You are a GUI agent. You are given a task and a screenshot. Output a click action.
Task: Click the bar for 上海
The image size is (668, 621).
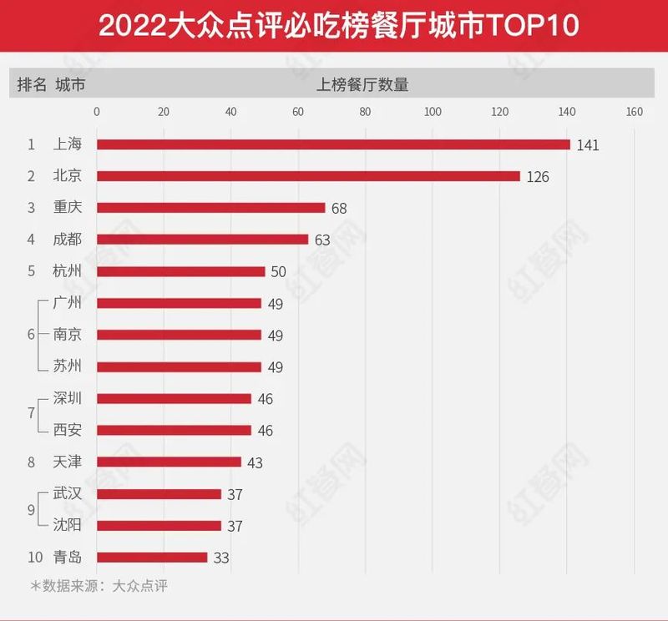pyautogui.click(x=333, y=144)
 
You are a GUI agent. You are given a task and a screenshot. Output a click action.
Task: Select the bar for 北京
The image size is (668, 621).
pyautogui.click(x=308, y=176)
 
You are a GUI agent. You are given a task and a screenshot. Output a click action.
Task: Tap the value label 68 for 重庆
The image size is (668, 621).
pyautogui.click(x=338, y=208)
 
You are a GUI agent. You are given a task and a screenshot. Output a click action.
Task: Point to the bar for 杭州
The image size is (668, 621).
pyautogui.click(x=180, y=271)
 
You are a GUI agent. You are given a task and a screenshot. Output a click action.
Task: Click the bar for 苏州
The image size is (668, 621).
pyautogui.click(x=179, y=366)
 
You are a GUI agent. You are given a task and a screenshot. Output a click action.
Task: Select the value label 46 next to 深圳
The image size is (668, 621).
pyautogui.click(x=266, y=399)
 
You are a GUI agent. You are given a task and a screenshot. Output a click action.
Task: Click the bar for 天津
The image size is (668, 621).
pyautogui.click(x=169, y=462)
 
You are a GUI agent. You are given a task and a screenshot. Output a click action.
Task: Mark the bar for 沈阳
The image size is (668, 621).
pyautogui.click(x=159, y=525)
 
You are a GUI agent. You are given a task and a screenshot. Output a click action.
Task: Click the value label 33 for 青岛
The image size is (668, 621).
pyautogui.click(x=220, y=558)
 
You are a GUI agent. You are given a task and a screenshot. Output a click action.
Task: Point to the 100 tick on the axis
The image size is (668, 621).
pyautogui.click(x=433, y=113)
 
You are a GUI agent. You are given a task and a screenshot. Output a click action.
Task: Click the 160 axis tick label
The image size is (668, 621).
pyautogui.click(x=634, y=113)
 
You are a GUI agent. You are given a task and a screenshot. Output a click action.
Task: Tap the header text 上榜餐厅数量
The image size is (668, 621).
pyautogui.click(x=362, y=84)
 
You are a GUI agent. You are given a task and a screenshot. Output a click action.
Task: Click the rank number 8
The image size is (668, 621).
pyautogui.click(x=30, y=462)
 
